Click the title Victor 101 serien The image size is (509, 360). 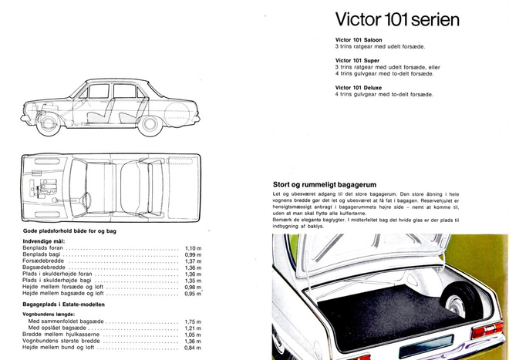[x=397, y=19]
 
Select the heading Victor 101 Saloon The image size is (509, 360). [x=359, y=40]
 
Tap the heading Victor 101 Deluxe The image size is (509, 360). [x=359, y=88]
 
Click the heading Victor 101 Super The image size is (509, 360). [x=357, y=60]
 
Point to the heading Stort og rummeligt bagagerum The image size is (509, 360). [x=325, y=185]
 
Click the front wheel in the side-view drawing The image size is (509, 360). [x=49, y=123]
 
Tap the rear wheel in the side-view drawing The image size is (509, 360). [x=150, y=124]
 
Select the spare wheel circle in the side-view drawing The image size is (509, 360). [x=177, y=114]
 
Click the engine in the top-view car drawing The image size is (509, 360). [x=43, y=187]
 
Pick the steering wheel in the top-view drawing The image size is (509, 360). [x=86, y=200]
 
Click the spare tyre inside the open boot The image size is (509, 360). [x=460, y=301]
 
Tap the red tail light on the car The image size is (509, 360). [x=487, y=330]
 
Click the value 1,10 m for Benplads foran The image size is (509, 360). [x=193, y=248]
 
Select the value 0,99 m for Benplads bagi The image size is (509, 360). [x=193, y=255]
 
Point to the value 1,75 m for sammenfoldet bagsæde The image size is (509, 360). [x=193, y=321]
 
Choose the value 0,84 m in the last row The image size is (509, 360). [x=193, y=348]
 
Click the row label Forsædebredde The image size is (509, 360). [x=43, y=261]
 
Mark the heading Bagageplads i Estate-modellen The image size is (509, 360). [x=63, y=304]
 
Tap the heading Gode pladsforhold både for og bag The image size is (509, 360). [x=69, y=231]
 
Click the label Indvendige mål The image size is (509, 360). [x=44, y=241]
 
